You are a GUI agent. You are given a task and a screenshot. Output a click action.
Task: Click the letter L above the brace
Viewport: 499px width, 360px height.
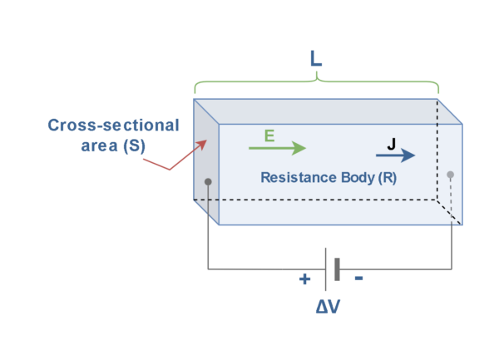pyautogui.click(x=315, y=60)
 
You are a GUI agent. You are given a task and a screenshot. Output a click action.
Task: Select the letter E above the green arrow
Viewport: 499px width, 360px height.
pyautogui.click(x=269, y=136)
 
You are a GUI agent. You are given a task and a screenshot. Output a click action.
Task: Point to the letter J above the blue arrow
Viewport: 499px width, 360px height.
pyautogui.click(x=392, y=143)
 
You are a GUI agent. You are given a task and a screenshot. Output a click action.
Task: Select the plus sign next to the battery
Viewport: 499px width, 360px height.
pyautogui.click(x=304, y=279)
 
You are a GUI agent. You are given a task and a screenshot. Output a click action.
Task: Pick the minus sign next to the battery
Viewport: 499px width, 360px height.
pyautogui.click(x=358, y=279)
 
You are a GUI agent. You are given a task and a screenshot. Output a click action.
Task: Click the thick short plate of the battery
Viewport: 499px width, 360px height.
pyautogui.click(x=337, y=269)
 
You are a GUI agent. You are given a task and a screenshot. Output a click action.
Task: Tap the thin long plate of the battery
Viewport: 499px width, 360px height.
pyautogui.click(x=326, y=269)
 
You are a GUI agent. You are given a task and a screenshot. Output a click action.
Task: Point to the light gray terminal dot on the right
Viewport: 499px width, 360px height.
pyautogui.click(x=450, y=175)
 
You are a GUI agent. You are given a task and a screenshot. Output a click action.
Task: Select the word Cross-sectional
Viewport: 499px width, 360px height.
pyautogui.click(x=113, y=126)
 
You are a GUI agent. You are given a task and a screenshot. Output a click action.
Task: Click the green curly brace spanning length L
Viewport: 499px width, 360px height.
pyautogui.click(x=316, y=84)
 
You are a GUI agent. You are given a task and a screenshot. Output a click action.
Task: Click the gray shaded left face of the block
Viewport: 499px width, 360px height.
pyautogui.click(x=205, y=158)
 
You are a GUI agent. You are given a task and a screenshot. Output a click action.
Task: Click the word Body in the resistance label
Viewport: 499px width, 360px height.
pyautogui.click(x=357, y=177)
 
